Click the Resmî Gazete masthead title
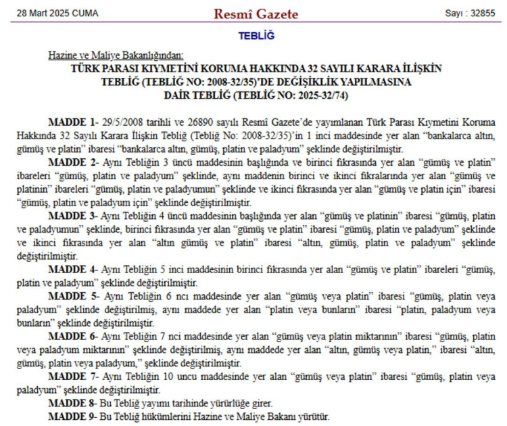click(x=256, y=14)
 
